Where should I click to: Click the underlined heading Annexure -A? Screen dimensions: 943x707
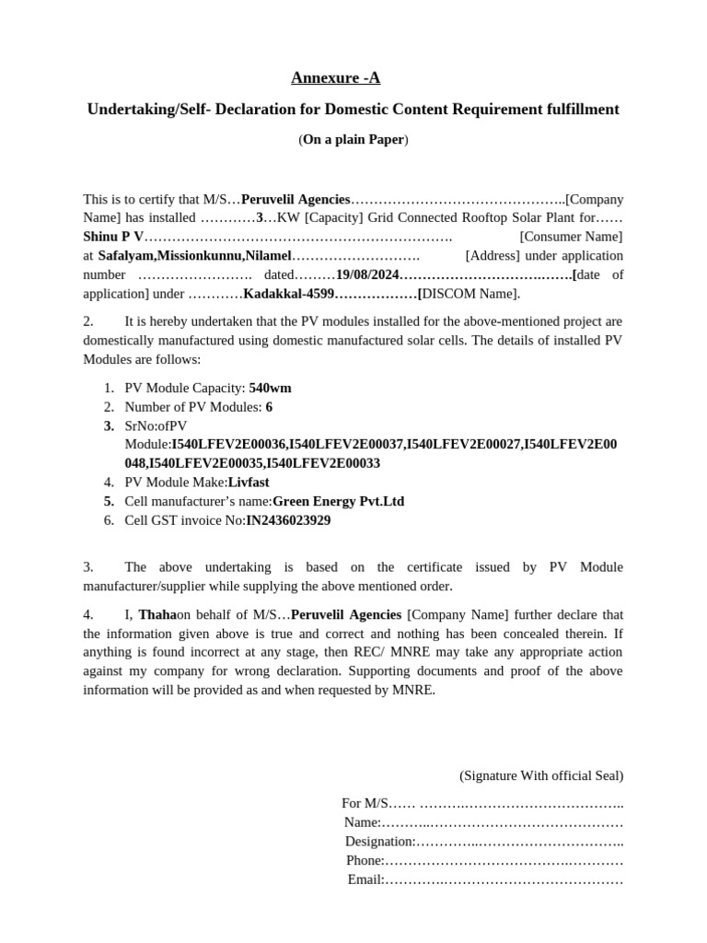coord(335,78)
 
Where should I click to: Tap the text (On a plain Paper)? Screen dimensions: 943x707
coord(353,140)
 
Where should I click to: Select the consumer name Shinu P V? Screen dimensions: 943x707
coord(113,237)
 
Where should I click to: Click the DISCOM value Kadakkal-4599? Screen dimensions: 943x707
coord(289,294)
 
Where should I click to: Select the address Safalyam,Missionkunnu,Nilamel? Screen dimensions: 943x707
coord(194,255)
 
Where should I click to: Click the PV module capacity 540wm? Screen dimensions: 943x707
coord(270,388)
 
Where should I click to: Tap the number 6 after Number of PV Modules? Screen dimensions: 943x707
coord(269,406)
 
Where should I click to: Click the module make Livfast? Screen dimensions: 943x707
coord(249,482)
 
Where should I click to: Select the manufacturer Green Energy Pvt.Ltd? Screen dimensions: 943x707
coord(338,501)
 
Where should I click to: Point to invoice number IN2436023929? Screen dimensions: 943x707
coord(288,520)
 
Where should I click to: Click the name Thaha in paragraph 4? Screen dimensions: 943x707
coord(157,614)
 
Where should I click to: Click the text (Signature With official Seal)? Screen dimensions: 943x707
coord(541,775)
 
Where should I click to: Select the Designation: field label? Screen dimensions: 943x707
coord(380,841)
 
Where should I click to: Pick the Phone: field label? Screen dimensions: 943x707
coord(365,860)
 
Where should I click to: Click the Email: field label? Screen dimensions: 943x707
coord(365,879)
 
